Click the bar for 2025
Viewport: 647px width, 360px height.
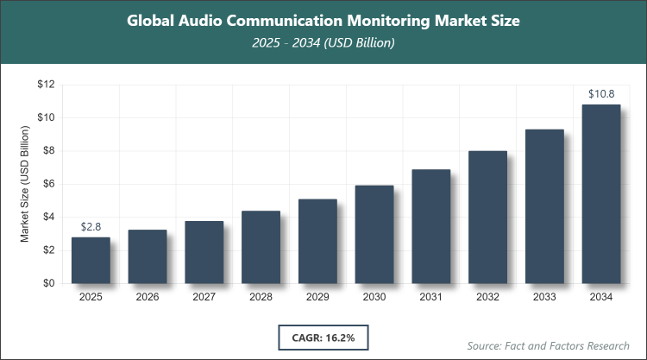pos(91,260)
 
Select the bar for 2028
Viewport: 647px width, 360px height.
pos(261,247)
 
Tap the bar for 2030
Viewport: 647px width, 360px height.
pos(374,234)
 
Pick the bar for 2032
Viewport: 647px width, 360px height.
pos(487,217)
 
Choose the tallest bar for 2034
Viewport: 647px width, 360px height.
pos(601,193)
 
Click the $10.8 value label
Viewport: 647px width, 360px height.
pos(601,94)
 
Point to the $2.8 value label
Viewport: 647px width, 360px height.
pos(91,227)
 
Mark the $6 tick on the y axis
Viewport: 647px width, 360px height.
pos(48,184)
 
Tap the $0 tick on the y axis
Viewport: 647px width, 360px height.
pos(48,283)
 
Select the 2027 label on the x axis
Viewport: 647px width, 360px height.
pos(204,297)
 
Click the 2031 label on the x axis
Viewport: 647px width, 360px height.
pos(431,297)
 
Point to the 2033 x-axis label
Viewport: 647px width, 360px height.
pos(544,297)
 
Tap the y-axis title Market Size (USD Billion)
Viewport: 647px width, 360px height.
pos(25,184)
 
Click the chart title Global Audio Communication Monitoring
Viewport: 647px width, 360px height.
pos(323,19)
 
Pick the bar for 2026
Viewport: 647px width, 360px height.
pos(148,256)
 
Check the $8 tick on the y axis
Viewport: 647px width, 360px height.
pos(48,151)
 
